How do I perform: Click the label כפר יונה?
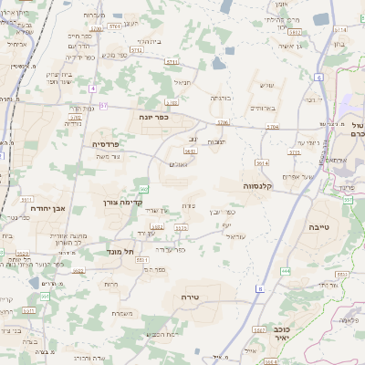151,117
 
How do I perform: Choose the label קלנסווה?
260,185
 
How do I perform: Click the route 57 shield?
103,106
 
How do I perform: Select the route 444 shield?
286,271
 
